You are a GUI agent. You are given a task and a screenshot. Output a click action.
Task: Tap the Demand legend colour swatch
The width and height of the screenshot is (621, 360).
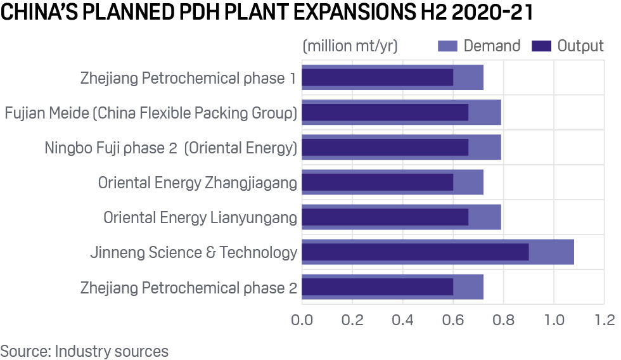pyautogui.click(x=447, y=46)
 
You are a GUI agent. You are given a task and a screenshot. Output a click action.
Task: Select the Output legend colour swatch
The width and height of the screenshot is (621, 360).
pyautogui.click(x=541, y=46)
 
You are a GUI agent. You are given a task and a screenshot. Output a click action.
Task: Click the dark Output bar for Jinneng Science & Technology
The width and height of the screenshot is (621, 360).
pyautogui.click(x=415, y=252)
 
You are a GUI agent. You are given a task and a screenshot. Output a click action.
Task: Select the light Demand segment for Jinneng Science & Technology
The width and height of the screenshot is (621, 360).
pyautogui.click(x=551, y=252)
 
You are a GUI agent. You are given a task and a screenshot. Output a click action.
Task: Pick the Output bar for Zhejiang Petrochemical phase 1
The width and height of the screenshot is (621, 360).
pyautogui.click(x=377, y=77)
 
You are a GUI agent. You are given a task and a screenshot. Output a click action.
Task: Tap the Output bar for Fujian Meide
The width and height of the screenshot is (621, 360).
pyautogui.click(x=385, y=112)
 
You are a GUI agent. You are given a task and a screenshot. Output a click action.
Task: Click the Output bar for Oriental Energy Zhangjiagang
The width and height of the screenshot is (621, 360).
pyautogui.click(x=377, y=183)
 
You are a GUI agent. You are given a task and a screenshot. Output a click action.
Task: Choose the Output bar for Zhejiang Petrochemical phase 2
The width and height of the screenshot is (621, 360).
pyautogui.click(x=377, y=287)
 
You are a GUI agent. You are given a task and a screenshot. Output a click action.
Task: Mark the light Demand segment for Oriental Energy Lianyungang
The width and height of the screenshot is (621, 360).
pyautogui.click(x=485, y=217)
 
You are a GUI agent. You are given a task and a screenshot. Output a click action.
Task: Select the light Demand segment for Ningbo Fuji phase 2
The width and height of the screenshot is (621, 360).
pyautogui.click(x=485, y=148)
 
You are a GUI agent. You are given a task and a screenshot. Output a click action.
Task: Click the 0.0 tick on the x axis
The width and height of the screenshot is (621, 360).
pyautogui.click(x=302, y=319)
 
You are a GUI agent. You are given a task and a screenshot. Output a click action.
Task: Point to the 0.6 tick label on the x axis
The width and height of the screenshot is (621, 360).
pyautogui.click(x=453, y=319)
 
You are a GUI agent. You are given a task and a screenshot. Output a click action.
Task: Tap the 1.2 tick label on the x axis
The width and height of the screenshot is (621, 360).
pyautogui.click(x=604, y=319)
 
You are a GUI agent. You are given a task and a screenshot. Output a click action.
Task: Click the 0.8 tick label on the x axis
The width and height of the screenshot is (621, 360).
pyautogui.click(x=503, y=319)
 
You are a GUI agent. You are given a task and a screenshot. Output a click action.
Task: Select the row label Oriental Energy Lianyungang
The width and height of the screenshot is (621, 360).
pyautogui.click(x=200, y=218)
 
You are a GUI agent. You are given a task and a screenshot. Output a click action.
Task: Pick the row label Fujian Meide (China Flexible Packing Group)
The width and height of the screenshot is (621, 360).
pyautogui.click(x=151, y=113)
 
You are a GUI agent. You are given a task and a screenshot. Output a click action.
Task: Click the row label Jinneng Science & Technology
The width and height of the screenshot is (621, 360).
pyautogui.click(x=193, y=253)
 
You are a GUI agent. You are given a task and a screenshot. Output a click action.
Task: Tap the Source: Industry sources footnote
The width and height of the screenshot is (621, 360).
pyautogui.click(x=84, y=350)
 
